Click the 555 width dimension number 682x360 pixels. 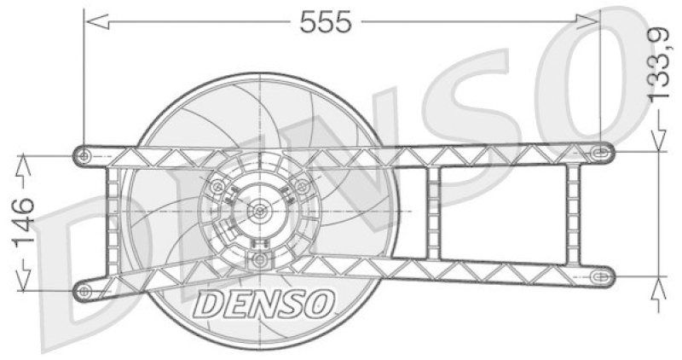point(325,22)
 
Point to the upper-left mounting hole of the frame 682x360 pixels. point(84,154)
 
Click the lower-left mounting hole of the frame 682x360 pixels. point(84,292)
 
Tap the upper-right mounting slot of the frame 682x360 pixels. point(601,152)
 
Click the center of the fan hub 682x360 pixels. point(259,210)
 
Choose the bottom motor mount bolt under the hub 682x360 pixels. point(259,260)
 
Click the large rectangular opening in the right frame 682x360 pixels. point(503,213)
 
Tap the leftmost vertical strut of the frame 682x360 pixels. point(112,224)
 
